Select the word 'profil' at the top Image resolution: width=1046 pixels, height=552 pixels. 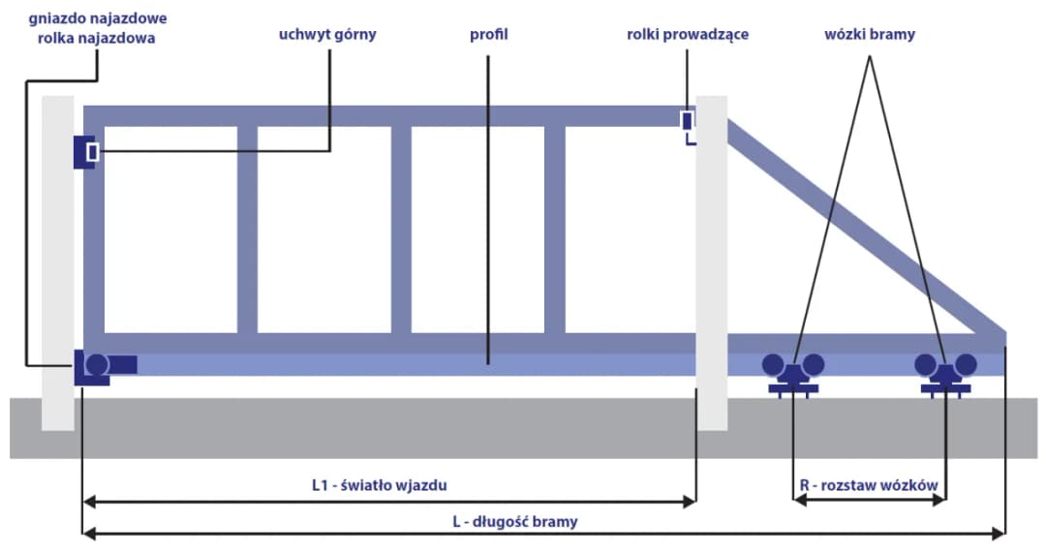click(488, 34)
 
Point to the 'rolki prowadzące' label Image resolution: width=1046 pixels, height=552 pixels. click(687, 34)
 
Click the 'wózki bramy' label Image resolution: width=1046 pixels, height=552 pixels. click(869, 34)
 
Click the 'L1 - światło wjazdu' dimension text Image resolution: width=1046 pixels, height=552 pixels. click(386, 485)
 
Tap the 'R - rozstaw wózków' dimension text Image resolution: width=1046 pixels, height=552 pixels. click(869, 485)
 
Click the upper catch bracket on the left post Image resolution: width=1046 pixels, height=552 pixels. click(86, 152)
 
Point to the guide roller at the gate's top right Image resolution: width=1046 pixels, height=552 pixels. click(687, 121)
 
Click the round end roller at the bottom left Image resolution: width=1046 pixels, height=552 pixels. click(97, 365)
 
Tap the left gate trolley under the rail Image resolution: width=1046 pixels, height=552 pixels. click(793, 374)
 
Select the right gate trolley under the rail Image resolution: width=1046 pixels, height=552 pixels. click(946, 374)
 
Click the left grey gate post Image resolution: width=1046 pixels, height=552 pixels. click(58, 261)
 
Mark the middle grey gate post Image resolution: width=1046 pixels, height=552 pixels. click(712, 261)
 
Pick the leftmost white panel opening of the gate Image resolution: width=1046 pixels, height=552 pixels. click(169, 230)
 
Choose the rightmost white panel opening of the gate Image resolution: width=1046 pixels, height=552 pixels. click(630, 230)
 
